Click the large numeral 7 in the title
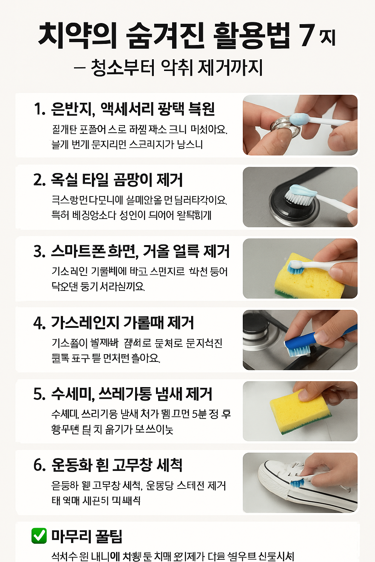click(307, 35)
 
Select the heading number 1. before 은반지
click(40, 109)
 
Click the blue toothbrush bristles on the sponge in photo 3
click(296, 269)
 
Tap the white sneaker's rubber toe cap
click(269, 476)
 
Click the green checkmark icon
click(39, 536)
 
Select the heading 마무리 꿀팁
click(87, 536)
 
